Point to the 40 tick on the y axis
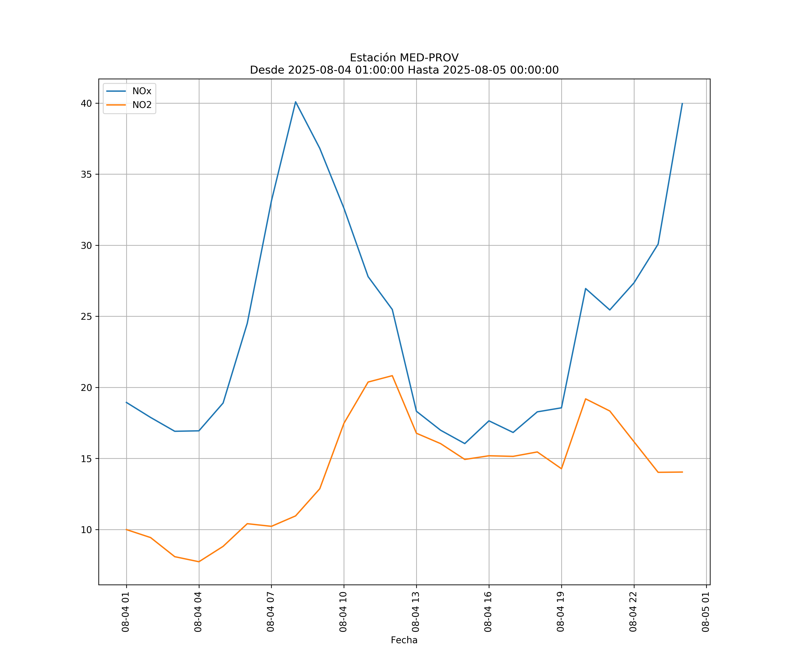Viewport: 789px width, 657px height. click(x=86, y=103)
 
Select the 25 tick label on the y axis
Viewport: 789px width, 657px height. click(x=86, y=316)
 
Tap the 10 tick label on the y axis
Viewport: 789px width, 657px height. click(x=86, y=530)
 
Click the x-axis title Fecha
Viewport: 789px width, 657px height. click(x=404, y=640)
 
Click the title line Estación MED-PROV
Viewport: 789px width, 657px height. click(x=404, y=58)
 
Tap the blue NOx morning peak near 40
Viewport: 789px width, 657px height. click(x=296, y=102)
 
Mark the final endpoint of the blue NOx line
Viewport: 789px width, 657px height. click(x=682, y=103)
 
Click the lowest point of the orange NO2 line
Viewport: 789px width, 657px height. click(x=199, y=562)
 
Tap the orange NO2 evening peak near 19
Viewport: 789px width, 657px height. click(x=586, y=399)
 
